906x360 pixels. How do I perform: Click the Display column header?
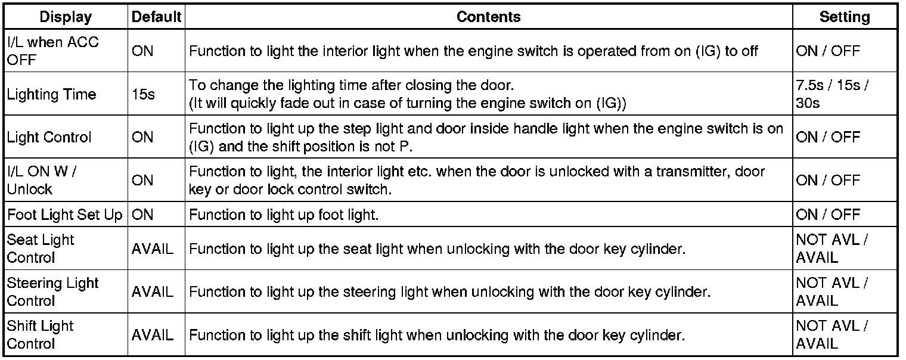[66, 17]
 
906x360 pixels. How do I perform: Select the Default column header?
[156, 17]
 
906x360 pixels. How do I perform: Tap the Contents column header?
[488, 17]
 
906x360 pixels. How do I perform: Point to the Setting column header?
[844, 17]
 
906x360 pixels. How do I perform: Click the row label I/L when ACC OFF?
[53, 51]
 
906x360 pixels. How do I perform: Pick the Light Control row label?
[49, 137]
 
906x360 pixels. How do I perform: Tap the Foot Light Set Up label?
[64, 215]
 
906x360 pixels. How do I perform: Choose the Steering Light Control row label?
[52, 291]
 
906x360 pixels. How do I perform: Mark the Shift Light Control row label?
[41, 334]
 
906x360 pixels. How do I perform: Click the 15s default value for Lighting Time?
[143, 94]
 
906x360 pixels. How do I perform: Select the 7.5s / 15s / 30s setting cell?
[832, 94]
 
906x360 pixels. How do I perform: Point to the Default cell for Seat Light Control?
[153, 249]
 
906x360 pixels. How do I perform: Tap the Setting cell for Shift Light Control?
[832, 334]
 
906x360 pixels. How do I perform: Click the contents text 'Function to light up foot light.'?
[284, 215]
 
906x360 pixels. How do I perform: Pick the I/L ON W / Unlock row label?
[42, 180]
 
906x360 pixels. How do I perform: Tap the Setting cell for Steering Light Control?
[832, 291]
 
